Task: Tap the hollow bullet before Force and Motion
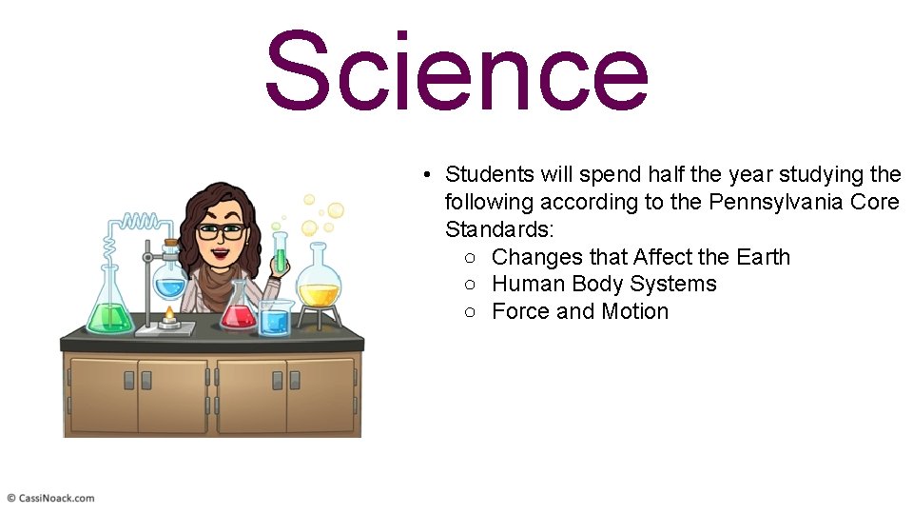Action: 472,312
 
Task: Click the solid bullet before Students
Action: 430,175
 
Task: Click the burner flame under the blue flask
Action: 170,313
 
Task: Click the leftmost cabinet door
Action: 101,394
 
